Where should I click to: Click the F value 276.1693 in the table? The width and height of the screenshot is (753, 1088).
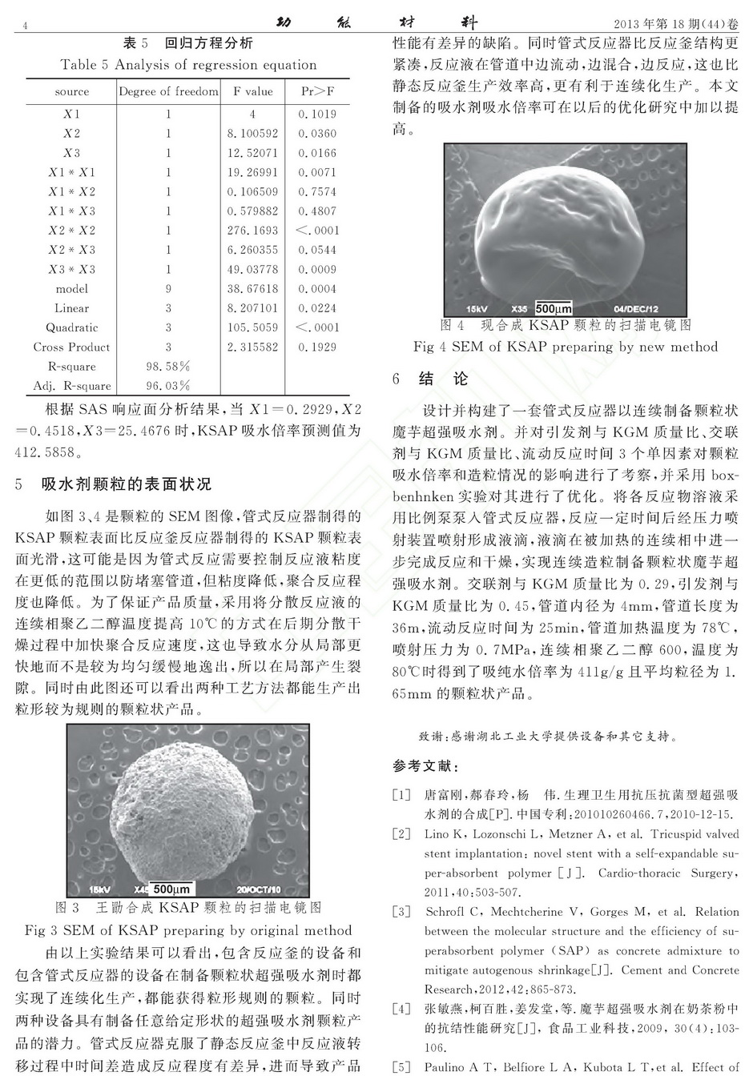click(252, 231)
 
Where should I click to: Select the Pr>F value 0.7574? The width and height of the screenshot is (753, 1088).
click(317, 192)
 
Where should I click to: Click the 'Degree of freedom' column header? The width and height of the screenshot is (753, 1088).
click(168, 92)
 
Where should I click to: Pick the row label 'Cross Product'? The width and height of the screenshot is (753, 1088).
click(71, 347)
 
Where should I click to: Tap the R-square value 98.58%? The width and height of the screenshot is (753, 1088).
click(168, 367)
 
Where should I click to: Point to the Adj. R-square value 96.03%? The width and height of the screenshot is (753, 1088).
click(168, 386)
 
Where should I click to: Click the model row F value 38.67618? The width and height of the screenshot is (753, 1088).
click(252, 289)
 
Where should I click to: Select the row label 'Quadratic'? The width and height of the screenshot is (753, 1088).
click(71, 327)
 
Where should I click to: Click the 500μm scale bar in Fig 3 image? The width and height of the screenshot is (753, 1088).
click(171, 889)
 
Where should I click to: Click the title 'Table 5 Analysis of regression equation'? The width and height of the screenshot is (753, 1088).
click(188, 65)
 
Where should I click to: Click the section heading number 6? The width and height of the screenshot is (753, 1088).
click(397, 379)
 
